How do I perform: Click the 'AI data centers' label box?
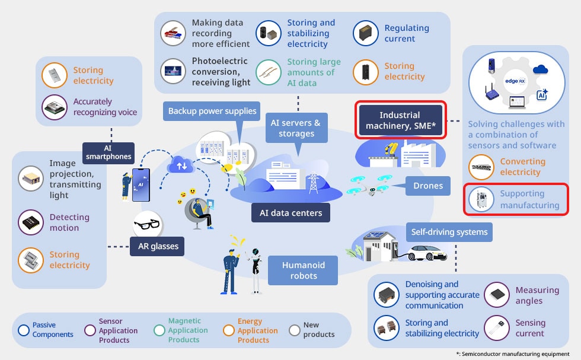[x=290, y=213]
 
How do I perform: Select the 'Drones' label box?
[x=428, y=186]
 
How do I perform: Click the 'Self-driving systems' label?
[x=449, y=232]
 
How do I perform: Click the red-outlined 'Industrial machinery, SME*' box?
[x=400, y=120]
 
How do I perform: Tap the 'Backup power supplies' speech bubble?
[x=212, y=111]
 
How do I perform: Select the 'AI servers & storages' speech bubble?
[x=296, y=128]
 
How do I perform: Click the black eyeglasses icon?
[x=146, y=225]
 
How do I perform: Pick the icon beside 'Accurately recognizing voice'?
[x=55, y=107]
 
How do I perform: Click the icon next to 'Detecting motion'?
[x=31, y=223]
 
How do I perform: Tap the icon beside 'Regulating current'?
[x=366, y=33]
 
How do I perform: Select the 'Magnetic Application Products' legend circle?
[x=159, y=330]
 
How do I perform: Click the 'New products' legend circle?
[x=294, y=330]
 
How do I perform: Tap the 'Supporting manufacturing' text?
[x=529, y=199]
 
